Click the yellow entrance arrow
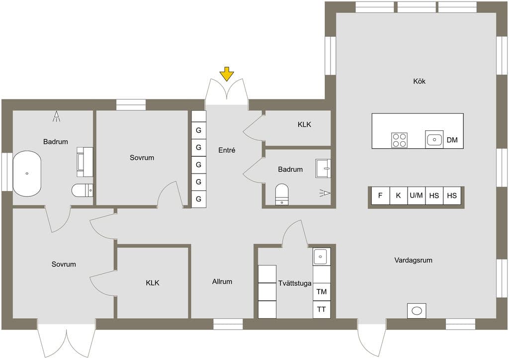coord(227,74)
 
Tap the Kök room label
coord(419,81)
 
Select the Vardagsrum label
coord(413,260)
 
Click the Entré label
coord(227,150)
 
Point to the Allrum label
coord(222,281)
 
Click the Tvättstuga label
coord(295,283)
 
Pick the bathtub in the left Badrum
coord(27,174)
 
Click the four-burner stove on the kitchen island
coord(399,140)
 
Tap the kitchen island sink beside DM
coord(434,140)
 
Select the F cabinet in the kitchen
coord(380,195)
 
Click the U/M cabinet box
coord(416,195)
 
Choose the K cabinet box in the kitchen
coord(398,195)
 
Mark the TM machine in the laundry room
coord(322,291)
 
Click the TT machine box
coord(322,309)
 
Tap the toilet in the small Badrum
coord(281,194)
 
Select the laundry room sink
coord(322,257)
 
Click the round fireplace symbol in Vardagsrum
coord(417,311)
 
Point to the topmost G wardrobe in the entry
coord(199,130)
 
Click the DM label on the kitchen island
coord(452,140)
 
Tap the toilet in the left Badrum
coord(83,190)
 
